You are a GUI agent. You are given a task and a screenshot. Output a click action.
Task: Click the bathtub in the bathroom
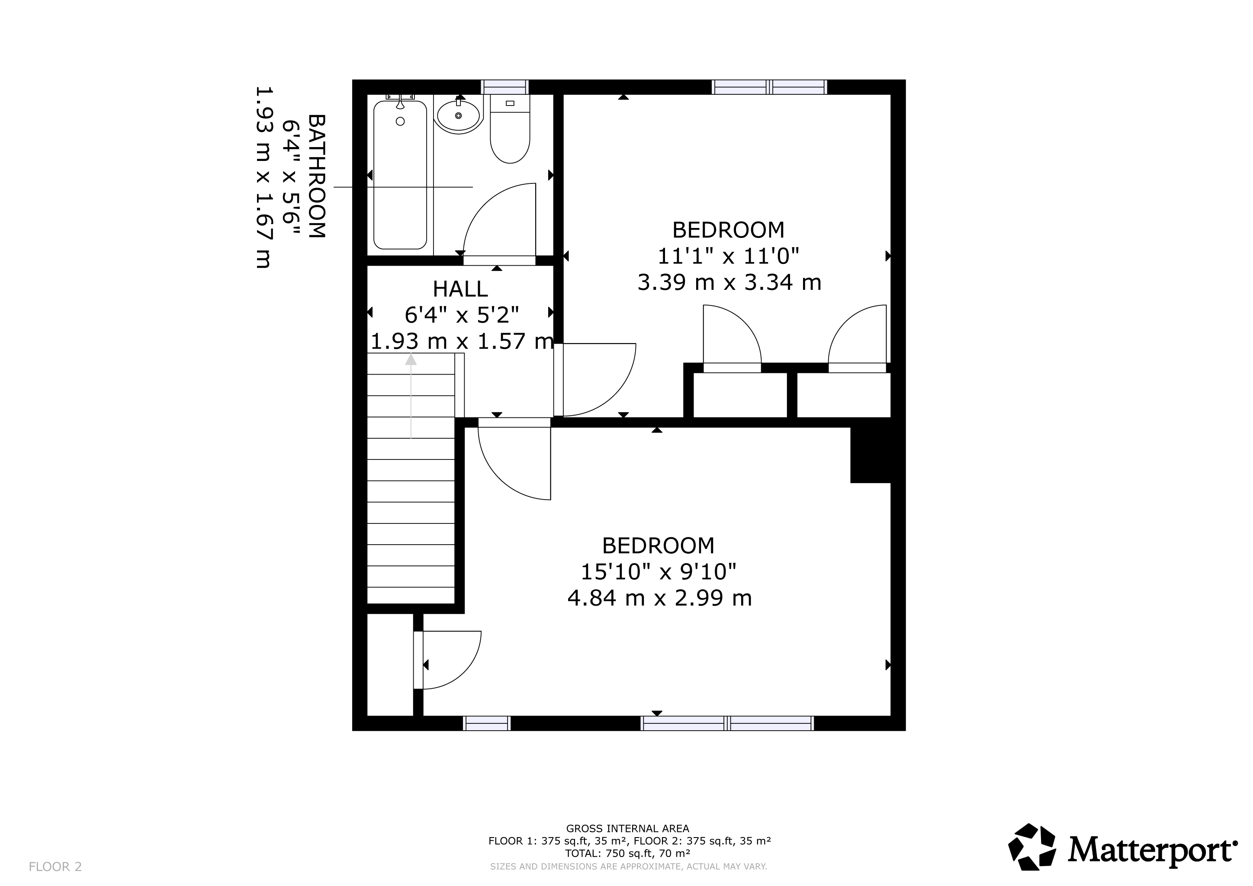pos(400,175)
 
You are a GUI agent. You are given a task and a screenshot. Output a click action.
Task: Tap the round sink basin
pos(459,115)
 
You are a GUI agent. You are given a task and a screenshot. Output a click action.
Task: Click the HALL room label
pos(460,289)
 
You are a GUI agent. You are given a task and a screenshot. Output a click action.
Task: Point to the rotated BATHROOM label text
pos(317,176)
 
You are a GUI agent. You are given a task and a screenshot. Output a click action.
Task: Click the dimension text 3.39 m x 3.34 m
pos(729,282)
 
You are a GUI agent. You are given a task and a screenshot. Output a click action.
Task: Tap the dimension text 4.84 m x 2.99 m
pos(660,598)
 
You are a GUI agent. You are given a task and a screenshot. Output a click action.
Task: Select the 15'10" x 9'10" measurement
pos(659,572)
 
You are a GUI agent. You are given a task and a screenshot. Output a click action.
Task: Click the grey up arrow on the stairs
pos(411,396)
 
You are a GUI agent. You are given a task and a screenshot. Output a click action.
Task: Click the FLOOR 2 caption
pos(55,867)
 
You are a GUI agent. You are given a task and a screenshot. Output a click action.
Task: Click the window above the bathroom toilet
pos(505,87)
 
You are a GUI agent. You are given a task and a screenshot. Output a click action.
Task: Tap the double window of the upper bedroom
pos(769,87)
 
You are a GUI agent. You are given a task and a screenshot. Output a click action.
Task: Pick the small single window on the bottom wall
pos(487,723)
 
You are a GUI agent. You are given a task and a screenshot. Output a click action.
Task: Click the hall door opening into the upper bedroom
pos(595,380)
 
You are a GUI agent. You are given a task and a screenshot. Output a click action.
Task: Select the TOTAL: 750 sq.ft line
pos(628,853)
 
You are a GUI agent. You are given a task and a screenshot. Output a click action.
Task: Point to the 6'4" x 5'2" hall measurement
pos(462,315)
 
